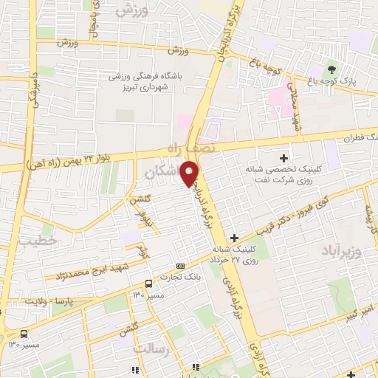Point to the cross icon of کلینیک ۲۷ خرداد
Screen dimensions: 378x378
(234, 238)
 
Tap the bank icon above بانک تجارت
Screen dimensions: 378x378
(181, 266)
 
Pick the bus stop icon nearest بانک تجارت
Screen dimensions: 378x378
(149, 283)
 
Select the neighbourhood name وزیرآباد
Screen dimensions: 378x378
(341, 252)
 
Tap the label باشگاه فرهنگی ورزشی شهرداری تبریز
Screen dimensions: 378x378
(152, 81)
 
